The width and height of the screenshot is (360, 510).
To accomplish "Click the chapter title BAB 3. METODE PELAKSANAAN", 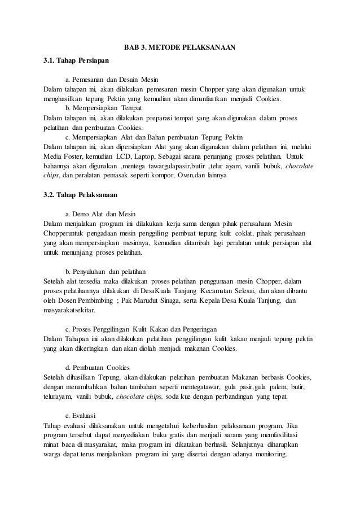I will [179, 47].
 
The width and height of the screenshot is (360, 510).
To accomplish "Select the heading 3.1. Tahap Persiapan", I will [76, 60].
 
